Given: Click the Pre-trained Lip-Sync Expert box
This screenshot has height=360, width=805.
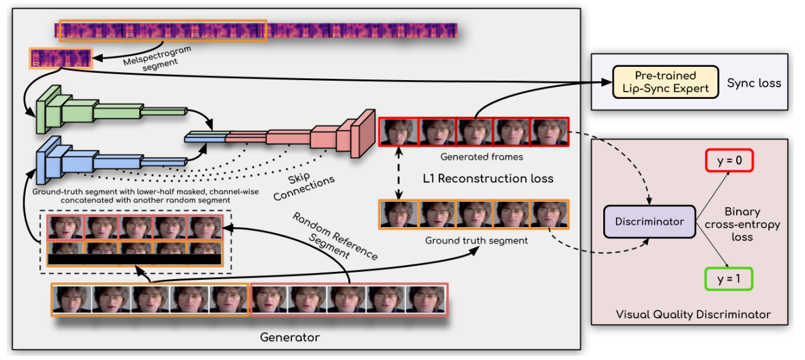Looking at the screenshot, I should tap(665, 82).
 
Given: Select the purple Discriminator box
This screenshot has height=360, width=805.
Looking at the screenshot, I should tap(648, 221).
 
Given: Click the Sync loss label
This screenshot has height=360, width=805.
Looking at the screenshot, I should tap(754, 83).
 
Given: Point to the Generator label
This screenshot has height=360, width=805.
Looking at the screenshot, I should tap(289, 337).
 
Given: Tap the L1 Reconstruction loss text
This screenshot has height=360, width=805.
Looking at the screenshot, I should tap(488, 178).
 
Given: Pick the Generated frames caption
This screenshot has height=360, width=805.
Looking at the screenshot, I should tap(474, 158).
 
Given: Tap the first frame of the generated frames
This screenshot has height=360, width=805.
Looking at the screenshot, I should tap(398, 132).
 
